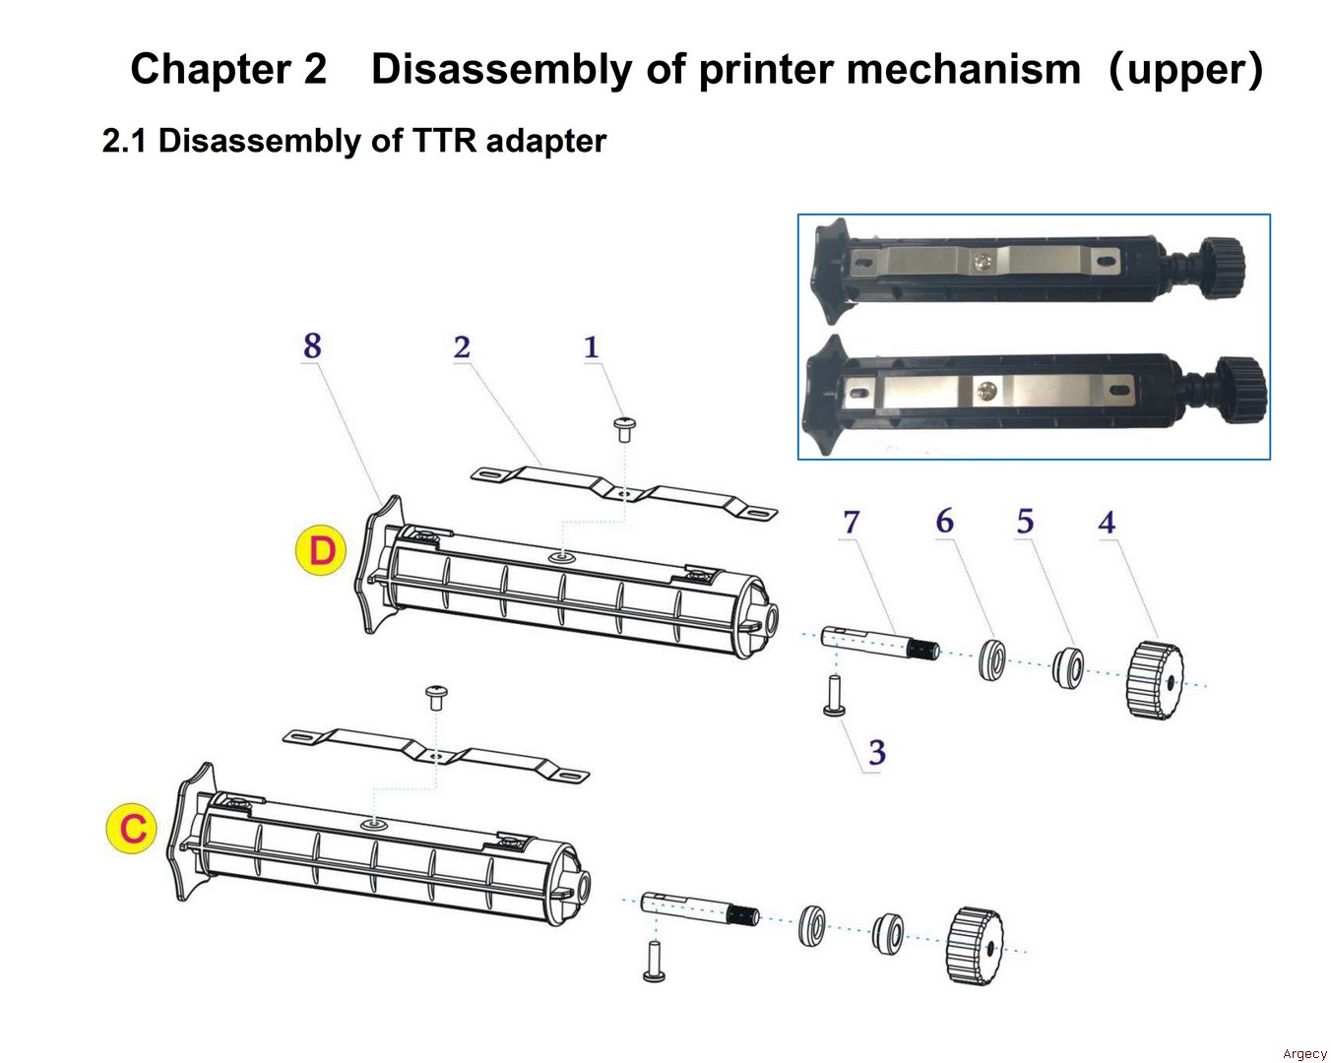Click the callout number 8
click(312, 346)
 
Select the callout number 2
click(462, 347)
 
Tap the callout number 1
click(591, 347)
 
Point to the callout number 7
click(852, 522)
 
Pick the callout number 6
click(945, 521)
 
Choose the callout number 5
click(1025, 522)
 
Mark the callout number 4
click(1107, 523)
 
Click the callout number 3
click(876, 753)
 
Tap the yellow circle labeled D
click(321, 550)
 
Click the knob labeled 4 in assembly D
click(1153, 679)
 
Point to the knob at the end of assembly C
click(975, 946)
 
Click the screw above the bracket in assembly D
click(624, 428)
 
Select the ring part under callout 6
click(992, 659)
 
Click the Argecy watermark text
click(1304, 1053)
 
